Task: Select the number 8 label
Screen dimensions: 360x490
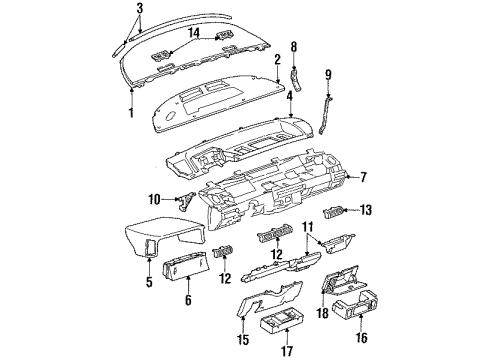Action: (295, 46)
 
